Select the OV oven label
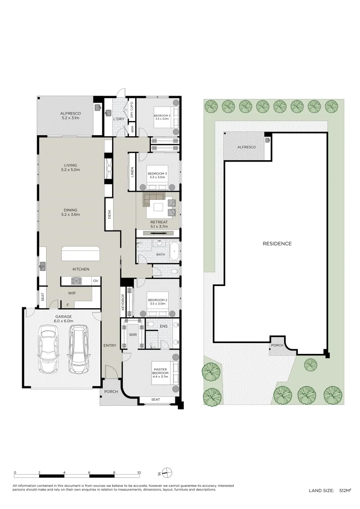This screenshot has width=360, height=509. coord(95,281)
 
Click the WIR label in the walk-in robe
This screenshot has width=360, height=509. coord(133,335)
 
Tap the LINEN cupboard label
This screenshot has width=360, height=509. coord(132,172)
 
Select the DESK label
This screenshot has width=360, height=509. coord(110,214)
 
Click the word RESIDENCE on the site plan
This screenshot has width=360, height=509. coord(277,244)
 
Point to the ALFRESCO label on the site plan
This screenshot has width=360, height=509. coord(246,148)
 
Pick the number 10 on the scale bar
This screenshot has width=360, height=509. coord(139,472)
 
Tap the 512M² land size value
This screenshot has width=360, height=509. coord(345,491)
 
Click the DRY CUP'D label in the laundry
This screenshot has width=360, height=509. coord(132,109)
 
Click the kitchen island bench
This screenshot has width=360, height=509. coord(81,254)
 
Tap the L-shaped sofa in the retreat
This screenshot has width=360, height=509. coord(153,199)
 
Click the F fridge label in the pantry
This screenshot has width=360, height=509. coord(68,305)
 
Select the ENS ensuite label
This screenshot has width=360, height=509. coord(164,326)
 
